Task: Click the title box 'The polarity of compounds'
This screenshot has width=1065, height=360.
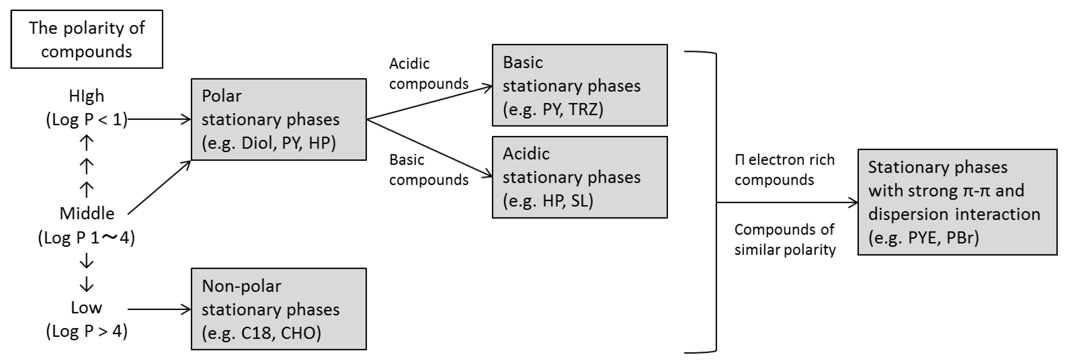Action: tap(87, 39)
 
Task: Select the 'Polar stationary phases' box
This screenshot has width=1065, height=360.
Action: tap(278, 119)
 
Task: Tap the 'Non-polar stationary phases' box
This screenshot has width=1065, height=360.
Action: tap(278, 309)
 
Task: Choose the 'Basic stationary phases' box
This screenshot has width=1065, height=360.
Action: tap(579, 85)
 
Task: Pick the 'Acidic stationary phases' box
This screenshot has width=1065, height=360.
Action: tap(579, 177)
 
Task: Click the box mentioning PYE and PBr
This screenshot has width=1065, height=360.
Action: tap(957, 202)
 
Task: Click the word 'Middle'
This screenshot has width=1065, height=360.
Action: tap(87, 214)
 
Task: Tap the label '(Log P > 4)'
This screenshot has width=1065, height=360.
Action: tap(86, 331)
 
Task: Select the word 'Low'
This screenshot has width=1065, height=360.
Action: tap(86, 308)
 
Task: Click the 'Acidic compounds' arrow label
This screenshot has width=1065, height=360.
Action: tap(428, 74)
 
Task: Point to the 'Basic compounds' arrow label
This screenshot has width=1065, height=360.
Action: tap(428, 169)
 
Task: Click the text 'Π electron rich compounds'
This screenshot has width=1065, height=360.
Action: tap(784, 169)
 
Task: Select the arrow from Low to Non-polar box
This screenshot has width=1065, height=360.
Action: tap(159, 309)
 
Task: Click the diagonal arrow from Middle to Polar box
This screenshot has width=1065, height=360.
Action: tap(159, 187)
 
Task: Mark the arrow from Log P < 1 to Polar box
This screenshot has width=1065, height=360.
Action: tap(159, 119)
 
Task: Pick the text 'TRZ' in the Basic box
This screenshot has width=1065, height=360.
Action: tap(585, 109)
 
